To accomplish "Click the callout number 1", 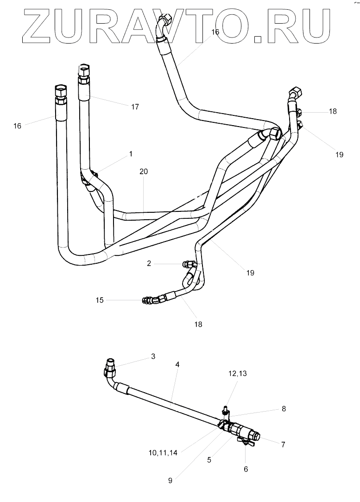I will (131, 153).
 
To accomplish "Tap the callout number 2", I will (149, 263).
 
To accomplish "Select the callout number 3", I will (153, 356).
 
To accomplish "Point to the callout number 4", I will (177, 365).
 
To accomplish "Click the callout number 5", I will (209, 460).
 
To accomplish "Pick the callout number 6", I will (246, 469).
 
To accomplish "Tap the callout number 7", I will (283, 445).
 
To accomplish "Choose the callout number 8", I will (284, 409).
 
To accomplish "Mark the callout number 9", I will (170, 481).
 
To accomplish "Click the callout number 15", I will (100, 300).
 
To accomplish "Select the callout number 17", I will (135, 107).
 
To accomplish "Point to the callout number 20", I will (144, 171).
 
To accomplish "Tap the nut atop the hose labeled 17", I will (83, 70).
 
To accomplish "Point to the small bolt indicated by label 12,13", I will (225, 410).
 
